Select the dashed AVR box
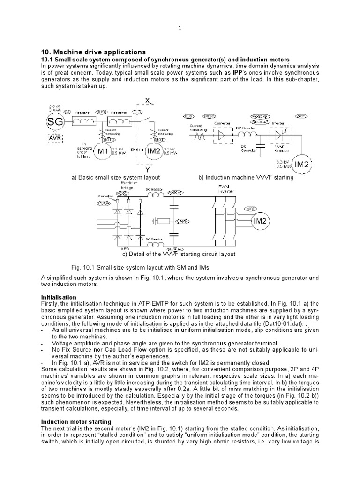(x=54, y=139)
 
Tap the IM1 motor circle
(x=102, y=151)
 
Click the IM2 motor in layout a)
(x=154, y=151)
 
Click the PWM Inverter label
(x=223, y=188)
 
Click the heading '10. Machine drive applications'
(x=93, y=52)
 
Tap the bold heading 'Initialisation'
(x=59, y=297)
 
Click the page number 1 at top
(x=180, y=28)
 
